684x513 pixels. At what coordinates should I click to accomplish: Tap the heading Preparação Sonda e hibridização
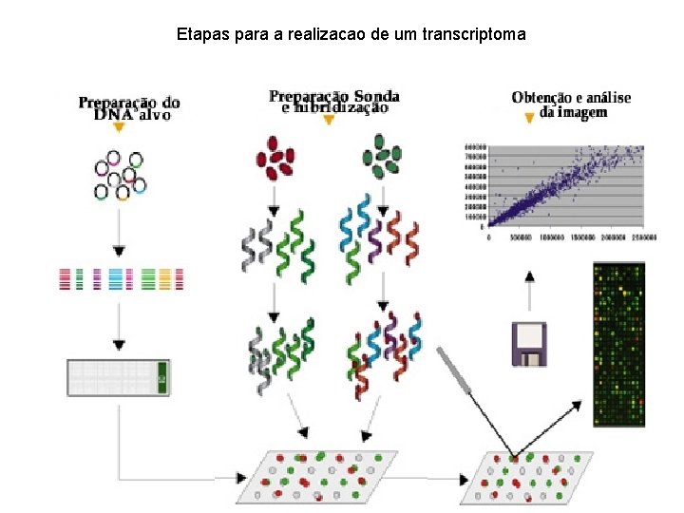point(333,101)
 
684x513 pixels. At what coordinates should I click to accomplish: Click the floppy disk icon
point(529,344)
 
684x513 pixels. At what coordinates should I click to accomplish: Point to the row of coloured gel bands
point(120,278)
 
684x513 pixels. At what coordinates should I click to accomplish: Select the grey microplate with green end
point(119,377)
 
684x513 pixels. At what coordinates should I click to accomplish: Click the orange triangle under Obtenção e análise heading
point(530,120)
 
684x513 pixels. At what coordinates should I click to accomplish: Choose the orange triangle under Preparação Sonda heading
point(328,120)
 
